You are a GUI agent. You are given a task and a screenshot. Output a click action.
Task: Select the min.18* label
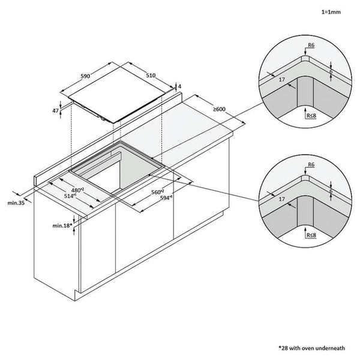click(61, 225)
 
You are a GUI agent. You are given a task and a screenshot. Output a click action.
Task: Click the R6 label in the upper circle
click(310, 44)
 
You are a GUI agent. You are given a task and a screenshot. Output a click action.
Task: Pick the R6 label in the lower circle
click(310, 164)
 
